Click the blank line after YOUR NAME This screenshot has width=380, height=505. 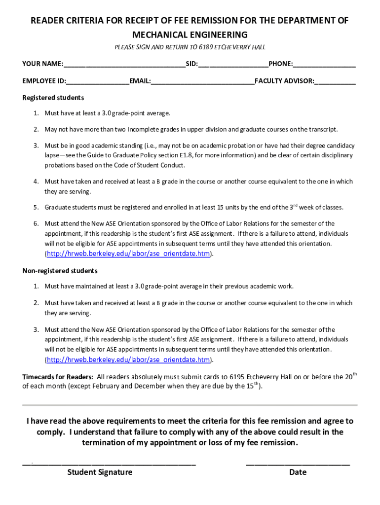coord(124,65)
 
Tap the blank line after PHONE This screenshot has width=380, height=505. coord(324,65)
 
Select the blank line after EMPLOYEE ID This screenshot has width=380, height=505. coord(98,81)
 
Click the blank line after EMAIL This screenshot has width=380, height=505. coord(202,81)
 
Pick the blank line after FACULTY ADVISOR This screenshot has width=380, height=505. coord(335,81)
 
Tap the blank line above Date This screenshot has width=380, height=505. coord(298,464)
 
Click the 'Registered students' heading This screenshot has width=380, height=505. coord(53,98)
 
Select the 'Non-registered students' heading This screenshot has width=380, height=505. coord(60,271)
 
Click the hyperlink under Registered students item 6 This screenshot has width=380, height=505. coord(128,253)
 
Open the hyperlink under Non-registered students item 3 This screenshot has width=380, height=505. coord(128,360)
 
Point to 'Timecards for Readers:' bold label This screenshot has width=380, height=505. coord(58,377)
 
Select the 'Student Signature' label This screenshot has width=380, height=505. coord(100,472)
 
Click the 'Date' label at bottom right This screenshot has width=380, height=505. coord(298,472)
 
